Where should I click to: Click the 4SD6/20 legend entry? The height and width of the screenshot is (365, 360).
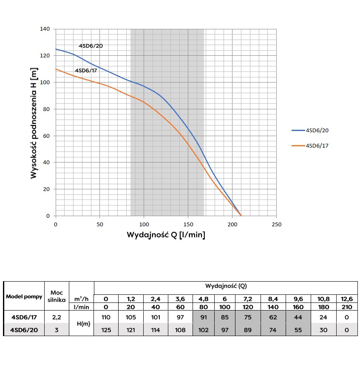click(317, 131)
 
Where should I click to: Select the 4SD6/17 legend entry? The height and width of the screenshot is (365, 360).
click(317, 145)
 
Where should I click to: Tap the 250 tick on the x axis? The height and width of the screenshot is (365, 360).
click(276, 224)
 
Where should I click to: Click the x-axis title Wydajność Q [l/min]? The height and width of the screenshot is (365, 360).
click(166, 235)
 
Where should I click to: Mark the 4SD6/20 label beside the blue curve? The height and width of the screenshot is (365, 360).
click(91, 46)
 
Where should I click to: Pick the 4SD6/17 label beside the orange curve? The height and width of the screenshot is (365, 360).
click(86, 70)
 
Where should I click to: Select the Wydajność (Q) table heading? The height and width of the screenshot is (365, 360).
click(225, 286)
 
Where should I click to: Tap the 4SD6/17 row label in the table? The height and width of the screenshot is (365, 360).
click(24, 317)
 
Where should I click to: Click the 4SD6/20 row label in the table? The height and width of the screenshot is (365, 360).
click(24, 329)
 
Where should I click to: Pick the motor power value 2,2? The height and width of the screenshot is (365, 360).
click(57, 317)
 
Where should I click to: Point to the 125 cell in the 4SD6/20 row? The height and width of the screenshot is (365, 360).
click(106, 329)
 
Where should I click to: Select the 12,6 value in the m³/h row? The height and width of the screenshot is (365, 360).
click(347, 299)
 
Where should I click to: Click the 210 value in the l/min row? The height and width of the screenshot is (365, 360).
click(347, 307)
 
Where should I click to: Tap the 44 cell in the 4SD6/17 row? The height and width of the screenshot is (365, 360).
click(298, 317)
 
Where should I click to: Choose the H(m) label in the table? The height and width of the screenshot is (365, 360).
click(81, 323)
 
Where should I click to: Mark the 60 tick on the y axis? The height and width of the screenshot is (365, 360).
click(47, 136)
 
